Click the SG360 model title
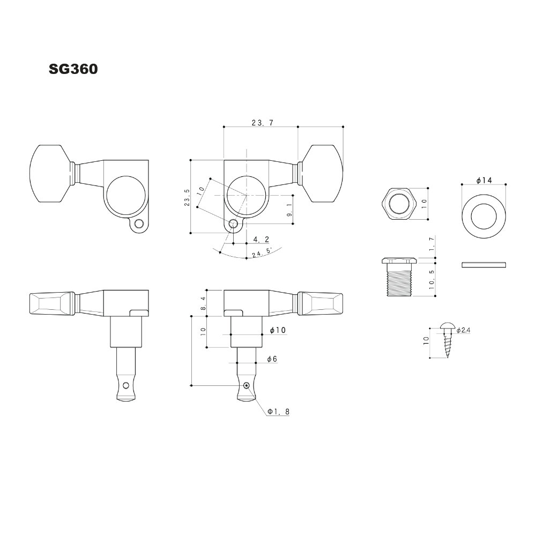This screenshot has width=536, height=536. click(x=73, y=69)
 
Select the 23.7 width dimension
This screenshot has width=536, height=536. click(x=263, y=123)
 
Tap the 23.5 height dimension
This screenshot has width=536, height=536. click(x=187, y=198)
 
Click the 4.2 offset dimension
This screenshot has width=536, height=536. click(x=261, y=239)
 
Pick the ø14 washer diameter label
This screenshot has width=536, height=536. click(x=483, y=180)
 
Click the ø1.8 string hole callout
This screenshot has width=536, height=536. click(x=278, y=412)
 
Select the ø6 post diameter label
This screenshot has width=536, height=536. click(x=272, y=359)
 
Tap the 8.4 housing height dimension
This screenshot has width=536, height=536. click(x=203, y=303)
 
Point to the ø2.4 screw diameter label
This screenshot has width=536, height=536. click(x=463, y=330)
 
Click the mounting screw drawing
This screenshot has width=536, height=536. click(x=447, y=340)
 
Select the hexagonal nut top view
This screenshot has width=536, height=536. click(x=399, y=204)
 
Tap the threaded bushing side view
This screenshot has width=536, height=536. click(x=399, y=277)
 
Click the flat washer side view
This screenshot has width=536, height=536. click(x=483, y=265)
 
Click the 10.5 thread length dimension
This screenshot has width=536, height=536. click(x=432, y=279)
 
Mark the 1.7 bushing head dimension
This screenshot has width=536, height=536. click(x=431, y=244)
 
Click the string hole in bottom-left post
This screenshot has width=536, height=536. click(x=126, y=385)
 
